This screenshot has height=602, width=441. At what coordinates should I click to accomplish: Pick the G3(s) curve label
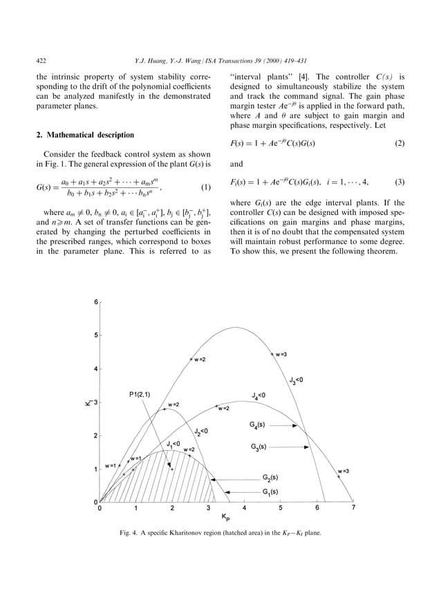[x=263, y=447]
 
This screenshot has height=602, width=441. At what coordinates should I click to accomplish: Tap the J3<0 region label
[x=295, y=379]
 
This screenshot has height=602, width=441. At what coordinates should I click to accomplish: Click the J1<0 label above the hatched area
[x=173, y=443]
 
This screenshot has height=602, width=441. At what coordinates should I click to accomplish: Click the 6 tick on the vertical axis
[x=95, y=303]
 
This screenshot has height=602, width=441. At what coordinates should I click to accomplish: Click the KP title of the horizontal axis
[x=225, y=516]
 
